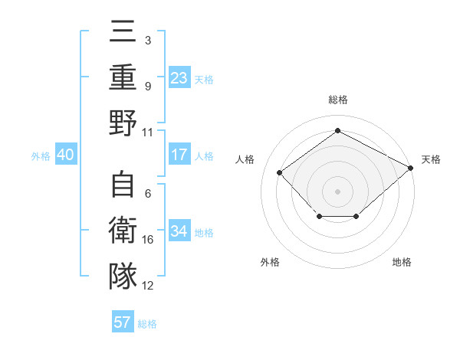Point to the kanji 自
(x=123, y=186)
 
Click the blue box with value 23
(x=179, y=77)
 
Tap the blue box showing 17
(x=179, y=155)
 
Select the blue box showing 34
(x=179, y=231)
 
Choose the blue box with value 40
(x=65, y=155)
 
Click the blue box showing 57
(x=123, y=322)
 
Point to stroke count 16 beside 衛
(x=148, y=240)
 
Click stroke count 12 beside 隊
(x=148, y=286)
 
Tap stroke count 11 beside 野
(x=148, y=132)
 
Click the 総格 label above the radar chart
(x=337, y=100)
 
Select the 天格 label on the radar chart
(x=431, y=159)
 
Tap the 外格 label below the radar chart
(x=270, y=262)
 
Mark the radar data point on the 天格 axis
(x=411, y=168)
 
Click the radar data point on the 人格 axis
(x=280, y=172)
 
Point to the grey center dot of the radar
(x=337, y=191)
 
